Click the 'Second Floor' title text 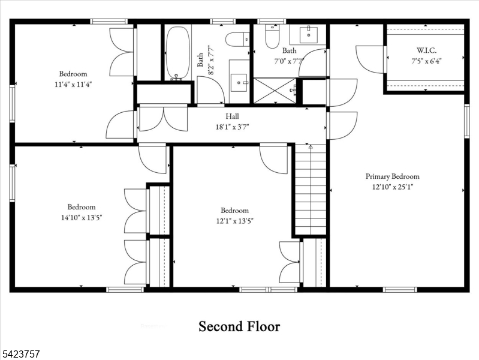coord(239,326)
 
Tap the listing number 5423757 coord(22,355)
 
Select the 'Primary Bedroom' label coord(393,176)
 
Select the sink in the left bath coord(240,79)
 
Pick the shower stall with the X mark coord(275,91)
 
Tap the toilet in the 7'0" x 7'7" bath coord(272,36)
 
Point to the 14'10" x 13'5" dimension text coord(81,217)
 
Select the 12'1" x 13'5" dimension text coord(234,221)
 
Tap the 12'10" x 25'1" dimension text coord(393,187)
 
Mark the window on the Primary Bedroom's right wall coord(466,122)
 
